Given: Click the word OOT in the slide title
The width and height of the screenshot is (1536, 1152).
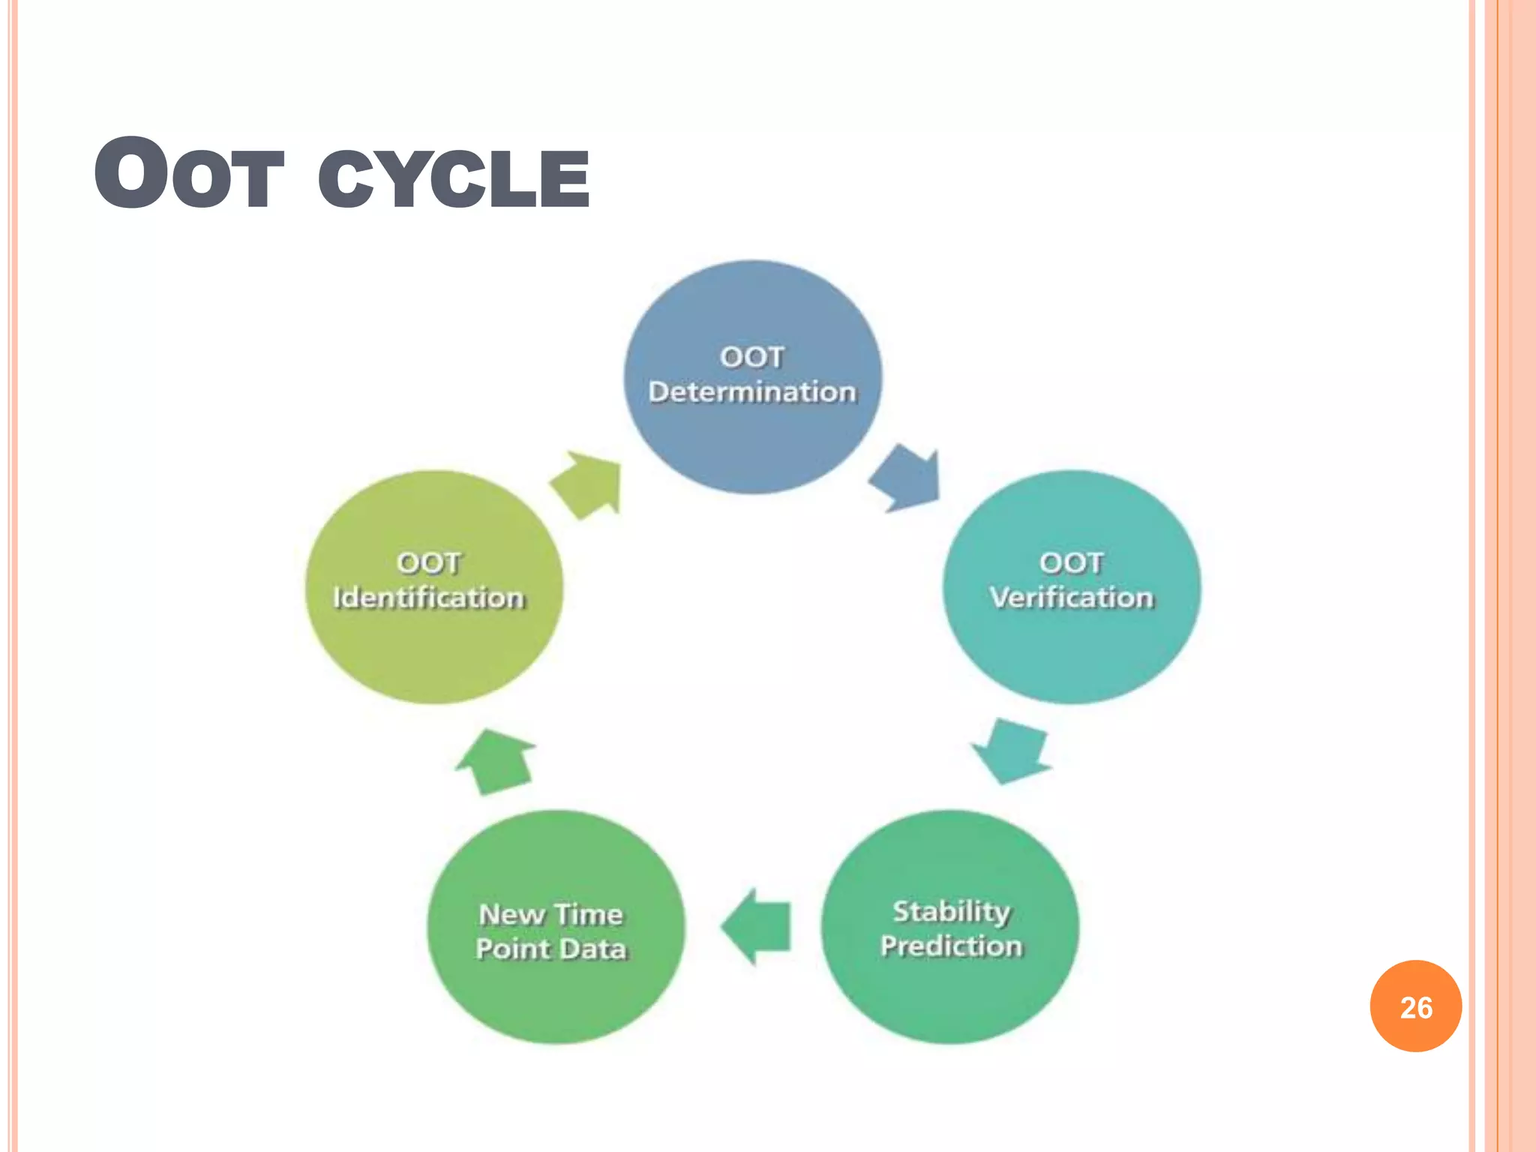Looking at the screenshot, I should tap(189, 175).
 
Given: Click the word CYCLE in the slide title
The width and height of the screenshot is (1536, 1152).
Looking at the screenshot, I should tap(454, 178).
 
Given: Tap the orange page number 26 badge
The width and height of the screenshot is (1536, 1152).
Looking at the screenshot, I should tap(1415, 1006).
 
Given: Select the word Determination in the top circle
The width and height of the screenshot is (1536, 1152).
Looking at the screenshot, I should tap(752, 392).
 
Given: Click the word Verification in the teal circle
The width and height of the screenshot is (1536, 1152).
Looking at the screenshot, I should tap(1071, 598).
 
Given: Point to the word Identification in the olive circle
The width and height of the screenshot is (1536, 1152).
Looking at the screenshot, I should tap(429, 598).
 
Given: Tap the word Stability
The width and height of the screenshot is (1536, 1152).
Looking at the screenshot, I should tap(951, 911).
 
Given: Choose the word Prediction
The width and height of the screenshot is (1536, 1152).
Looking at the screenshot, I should tap(951, 946).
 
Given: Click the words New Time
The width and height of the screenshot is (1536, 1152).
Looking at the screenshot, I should tap(551, 914).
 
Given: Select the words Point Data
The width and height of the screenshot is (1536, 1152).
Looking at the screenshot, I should tap(551, 949).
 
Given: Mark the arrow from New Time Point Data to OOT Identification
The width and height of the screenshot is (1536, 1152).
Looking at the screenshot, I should tap(495, 760).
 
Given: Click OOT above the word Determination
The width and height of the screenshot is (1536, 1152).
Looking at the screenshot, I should tap(752, 357).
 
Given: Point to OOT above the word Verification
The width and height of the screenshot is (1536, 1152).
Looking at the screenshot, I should tap(1071, 562).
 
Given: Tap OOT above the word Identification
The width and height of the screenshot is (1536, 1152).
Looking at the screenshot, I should tap(429, 563).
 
